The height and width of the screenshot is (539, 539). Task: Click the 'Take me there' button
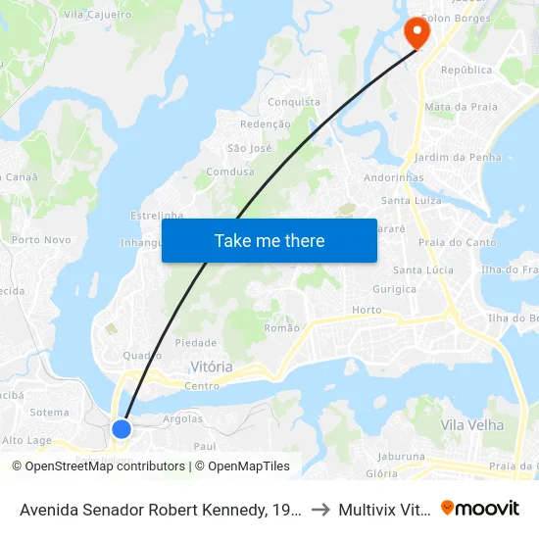coord(269,240)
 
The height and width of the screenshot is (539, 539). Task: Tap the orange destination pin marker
coord(417,32)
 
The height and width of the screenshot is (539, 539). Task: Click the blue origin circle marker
coord(122,428)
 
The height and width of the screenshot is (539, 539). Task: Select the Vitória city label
coord(211,367)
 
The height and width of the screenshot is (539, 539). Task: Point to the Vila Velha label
coord(472,425)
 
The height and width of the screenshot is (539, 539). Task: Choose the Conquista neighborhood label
coord(294,102)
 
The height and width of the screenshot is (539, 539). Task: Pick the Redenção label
coord(266,124)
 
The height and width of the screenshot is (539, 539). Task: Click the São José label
coord(249,148)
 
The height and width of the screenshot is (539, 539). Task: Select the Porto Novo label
coord(41,239)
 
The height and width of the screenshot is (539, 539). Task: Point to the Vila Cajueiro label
coord(97,15)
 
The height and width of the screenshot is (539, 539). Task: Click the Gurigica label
coord(394,289)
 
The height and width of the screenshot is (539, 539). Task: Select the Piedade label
coord(195,343)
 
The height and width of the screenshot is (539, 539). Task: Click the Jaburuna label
coord(402,456)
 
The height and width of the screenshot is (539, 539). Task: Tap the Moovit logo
coord(480,508)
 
